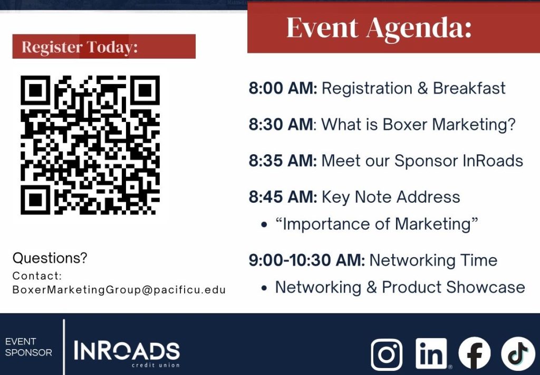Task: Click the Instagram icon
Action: coord(387,354)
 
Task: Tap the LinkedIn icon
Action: coord(431,354)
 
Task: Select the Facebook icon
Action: coord(475,353)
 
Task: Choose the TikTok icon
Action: coord(518,353)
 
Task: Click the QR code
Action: coord(90,145)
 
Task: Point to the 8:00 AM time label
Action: coord(283,88)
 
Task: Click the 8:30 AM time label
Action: coord(281,125)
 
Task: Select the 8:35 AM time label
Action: coord(283,161)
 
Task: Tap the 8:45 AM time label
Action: coord(283,197)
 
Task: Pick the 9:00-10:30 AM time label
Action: coord(306,260)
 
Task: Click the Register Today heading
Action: coord(80,47)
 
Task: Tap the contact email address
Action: coord(119,290)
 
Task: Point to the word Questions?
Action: coord(50,258)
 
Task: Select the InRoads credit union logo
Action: coord(127,354)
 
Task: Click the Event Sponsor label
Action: coord(28,347)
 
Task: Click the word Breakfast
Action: coord(469,88)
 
